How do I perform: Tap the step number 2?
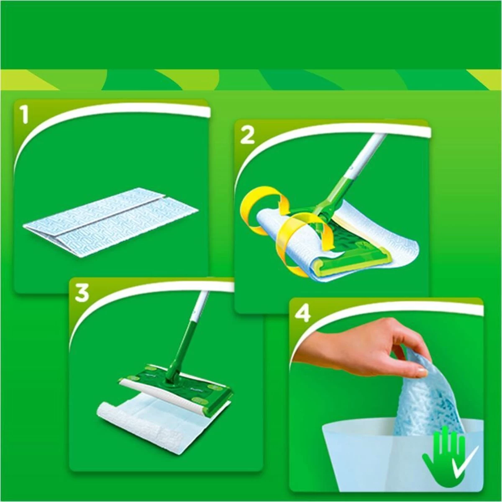pyautogui.click(x=247, y=136)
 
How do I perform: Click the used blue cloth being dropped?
pyautogui.click(x=427, y=402)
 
